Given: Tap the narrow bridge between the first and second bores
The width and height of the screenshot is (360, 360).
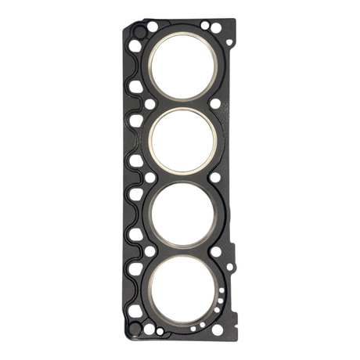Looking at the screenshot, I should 182,103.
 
